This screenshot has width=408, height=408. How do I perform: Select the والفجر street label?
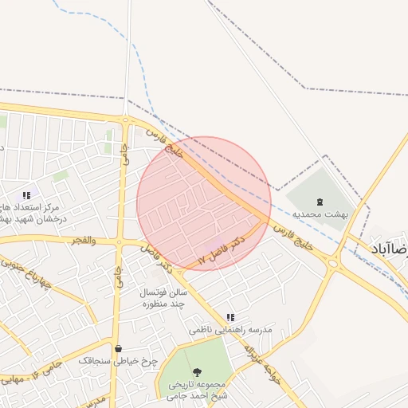tap(82, 239)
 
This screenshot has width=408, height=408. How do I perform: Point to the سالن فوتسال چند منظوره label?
tap(163, 298)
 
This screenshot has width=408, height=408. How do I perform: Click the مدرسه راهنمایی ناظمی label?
tap(230, 329)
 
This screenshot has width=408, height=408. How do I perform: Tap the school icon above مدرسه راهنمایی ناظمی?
tap(230, 317)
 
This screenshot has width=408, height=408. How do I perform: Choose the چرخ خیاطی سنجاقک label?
tap(118, 361)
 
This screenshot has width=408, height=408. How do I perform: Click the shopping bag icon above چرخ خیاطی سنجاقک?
tap(118, 348)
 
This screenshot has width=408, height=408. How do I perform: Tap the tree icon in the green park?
tap(197, 372)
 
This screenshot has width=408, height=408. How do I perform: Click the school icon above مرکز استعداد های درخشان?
tap(26, 194)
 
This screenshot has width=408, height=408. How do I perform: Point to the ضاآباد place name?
tap(390, 249)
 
